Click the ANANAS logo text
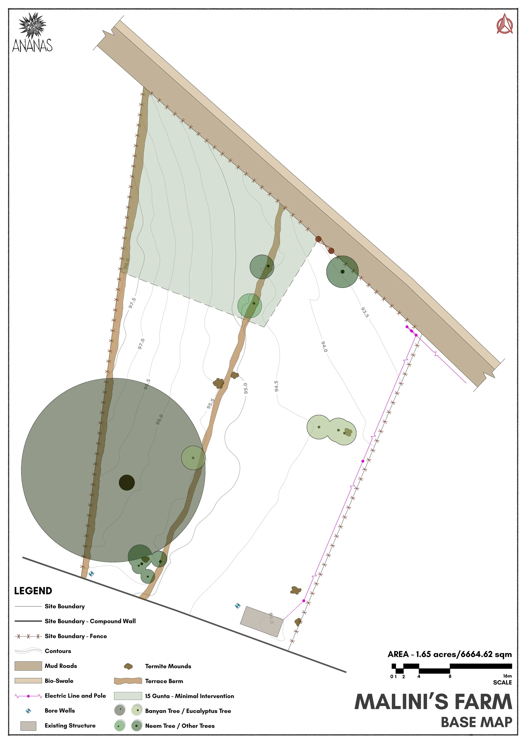pyautogui.click(x=32, y=45)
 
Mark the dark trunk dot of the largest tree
pyautogui.click(x=127, y=483)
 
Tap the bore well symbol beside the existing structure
pyautogui.click(x=238, y=606)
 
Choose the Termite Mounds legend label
pyautogui.click(x=168, y=666)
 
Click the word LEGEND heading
pyautogui.click(x=33, y=591)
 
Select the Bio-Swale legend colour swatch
pyautogui.click(x=28, y=681)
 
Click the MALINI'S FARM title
pyautogui.click(x=433, y=702)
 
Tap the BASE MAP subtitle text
pyautogui.click(x=476, y=722)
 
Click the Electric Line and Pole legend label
pyautogui.click(x=75, y=696)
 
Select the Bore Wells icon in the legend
pyautogui.click(x=28, y=711)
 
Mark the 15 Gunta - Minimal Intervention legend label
pyautogui.click(x=190, y=696)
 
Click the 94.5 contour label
pyautogui.click(x=276, y=386)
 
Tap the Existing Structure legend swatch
pyautogui.click(x=28, y=726)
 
